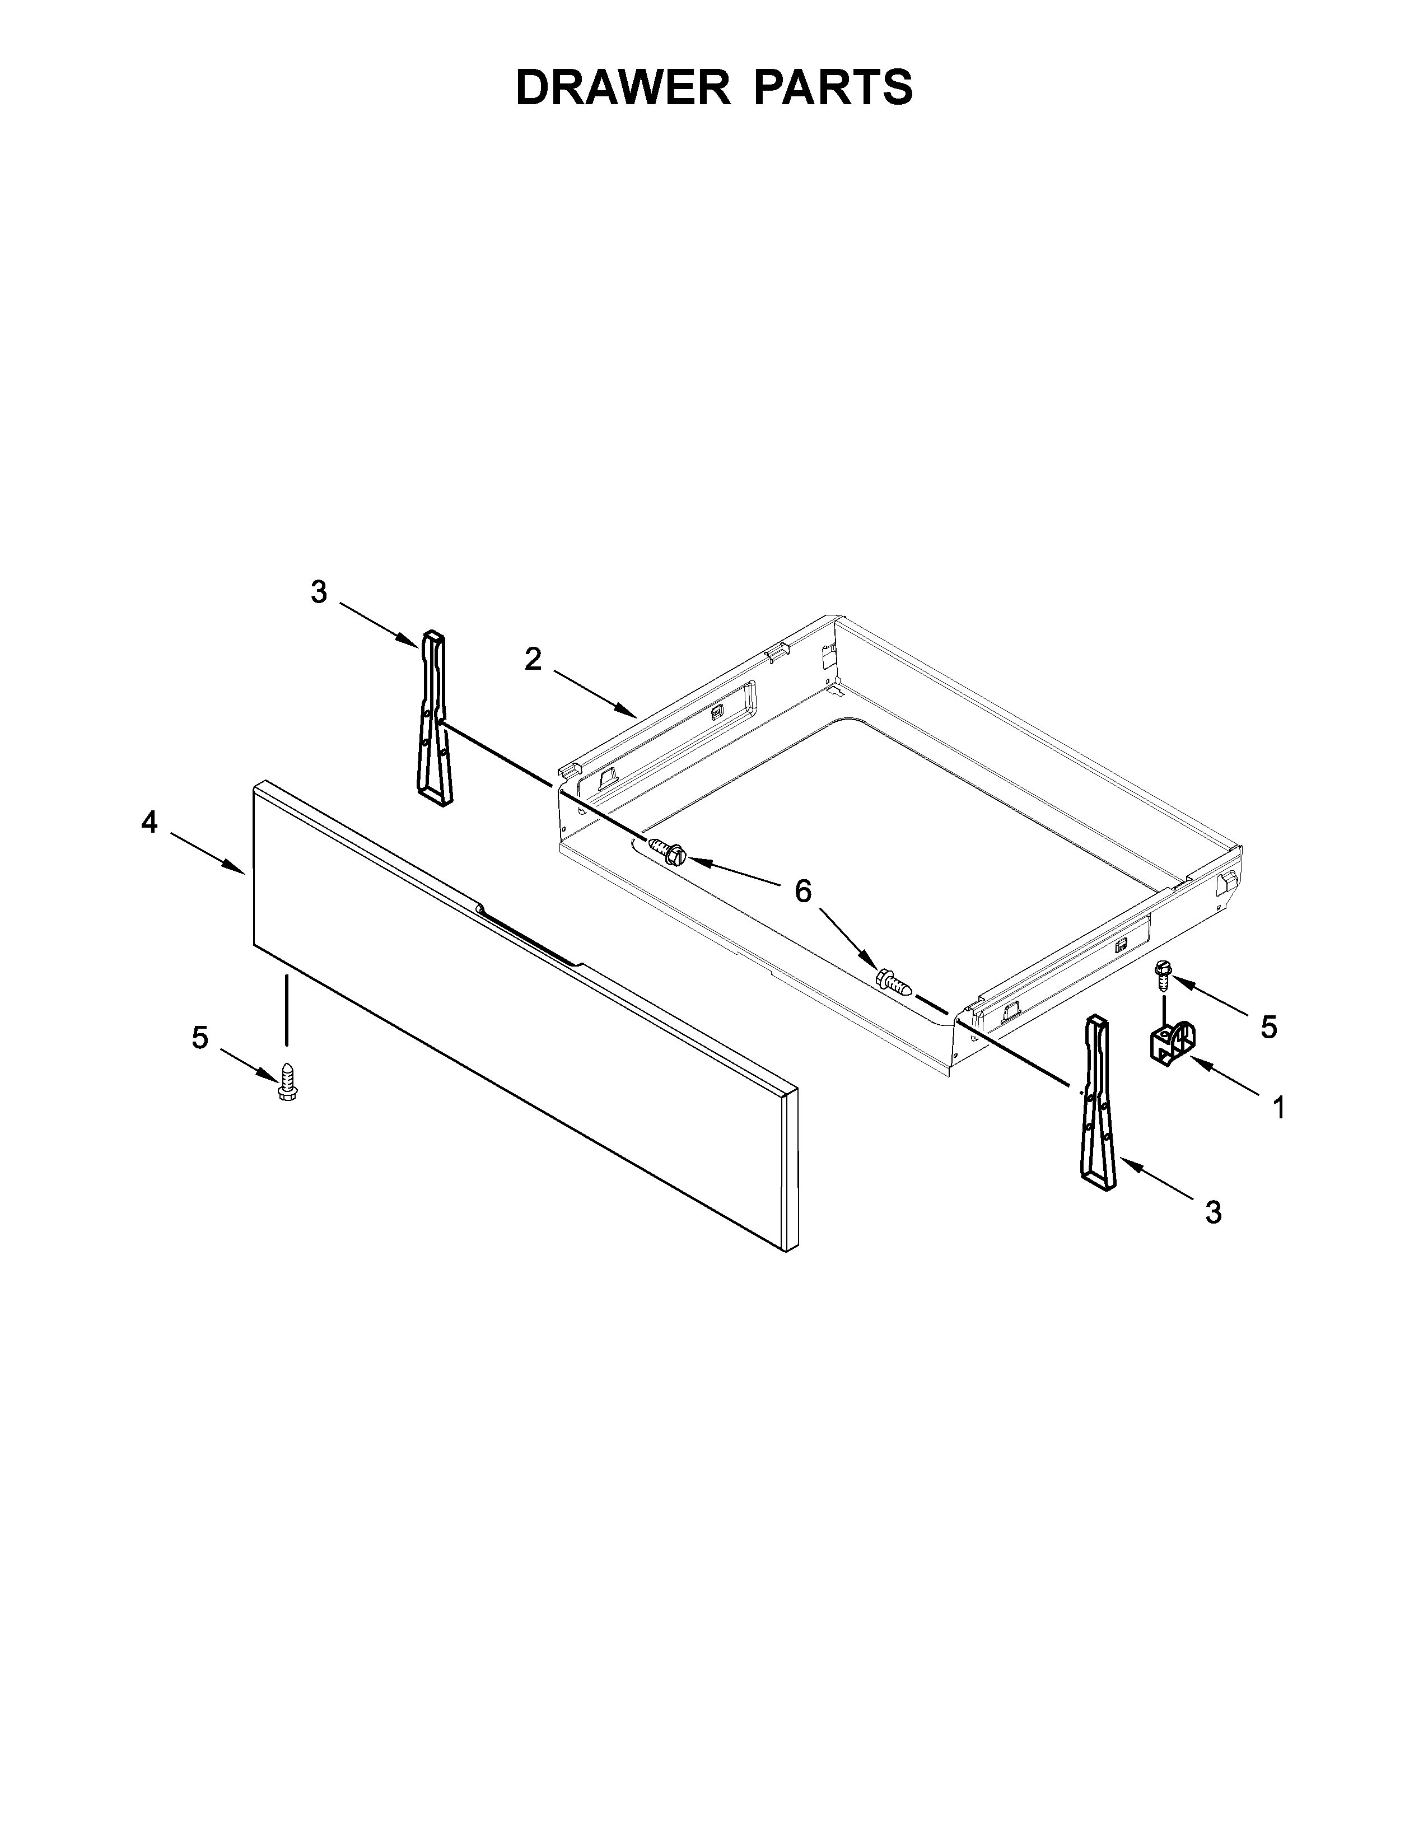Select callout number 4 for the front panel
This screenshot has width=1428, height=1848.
[149, 822]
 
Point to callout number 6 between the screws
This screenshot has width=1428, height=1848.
[802, 890]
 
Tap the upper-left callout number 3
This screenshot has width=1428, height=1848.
[318, 592]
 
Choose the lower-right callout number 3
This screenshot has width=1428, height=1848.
[1213, 1212]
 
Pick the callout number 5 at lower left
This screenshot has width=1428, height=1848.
[200, 1037]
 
